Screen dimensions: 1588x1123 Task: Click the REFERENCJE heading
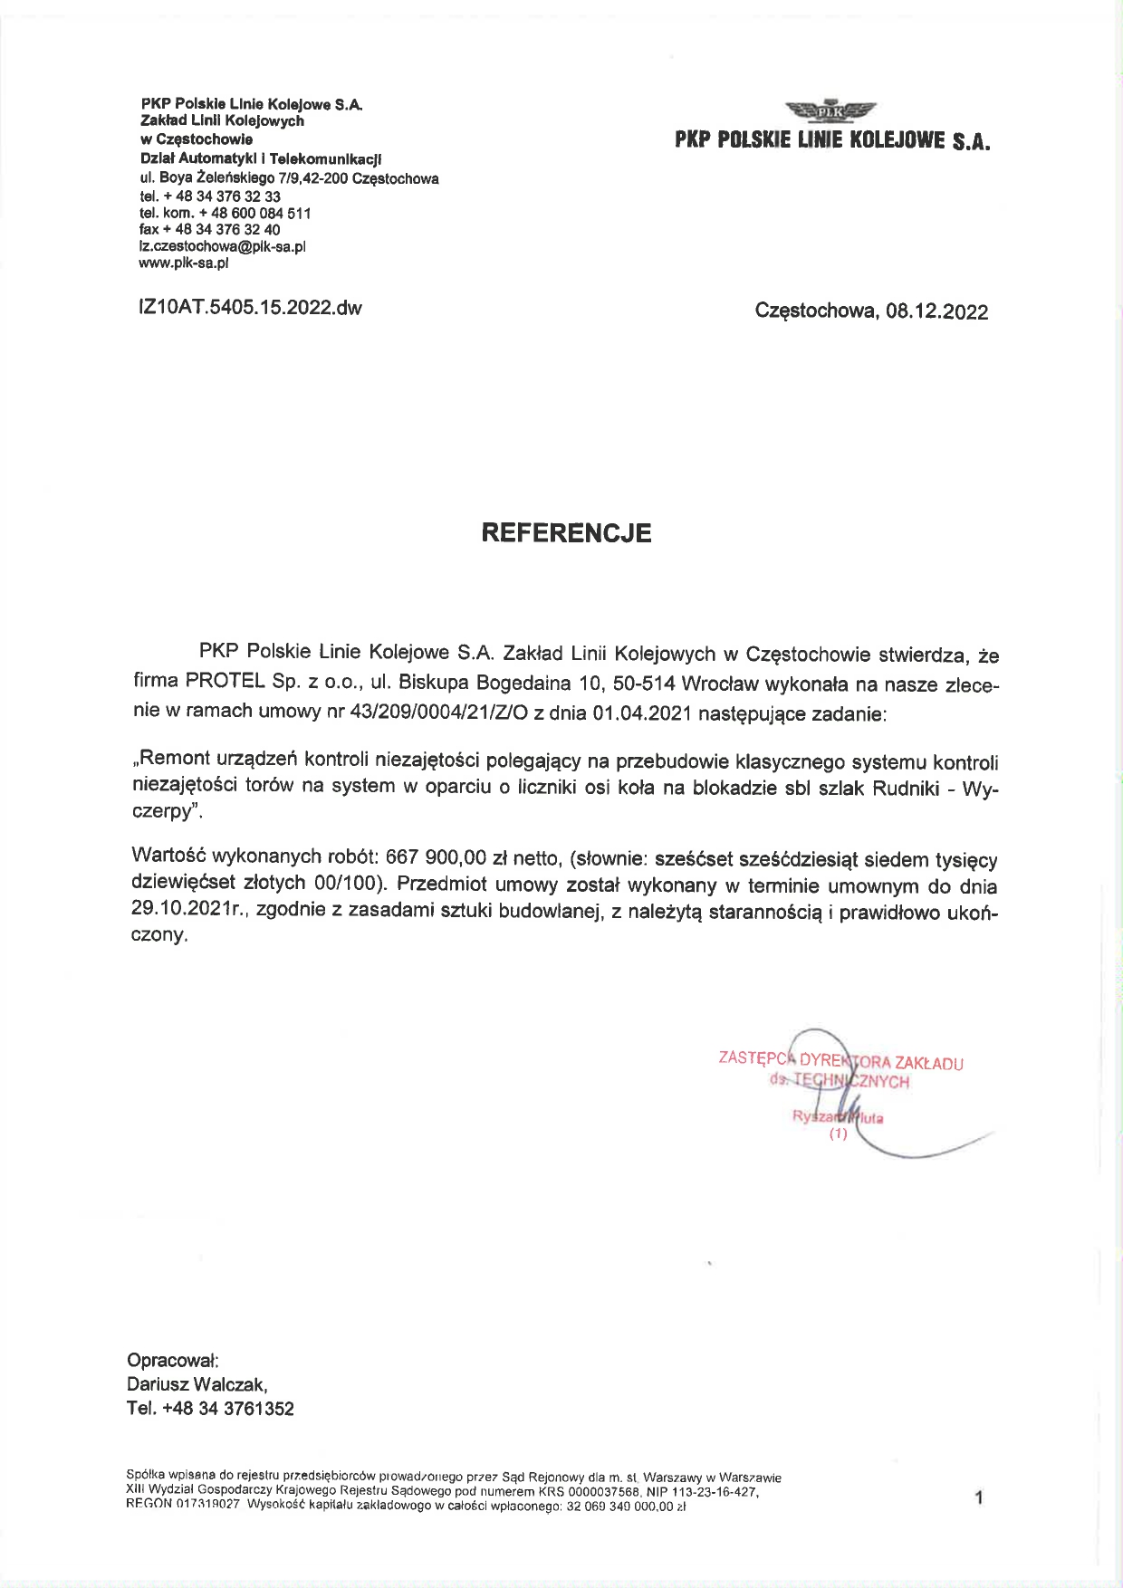click(566, 532)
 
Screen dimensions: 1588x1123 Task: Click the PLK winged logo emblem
click(831, 111)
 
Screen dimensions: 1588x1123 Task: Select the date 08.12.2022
click(937, 312)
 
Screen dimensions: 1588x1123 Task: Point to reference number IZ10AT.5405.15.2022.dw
click(249, 308)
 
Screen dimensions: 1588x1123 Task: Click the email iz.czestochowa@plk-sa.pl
click(222, 246)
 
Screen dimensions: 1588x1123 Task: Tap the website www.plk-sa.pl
click(183, 263)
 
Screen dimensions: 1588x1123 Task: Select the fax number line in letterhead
click(209, 230)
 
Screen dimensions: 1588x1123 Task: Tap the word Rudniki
click(907, 788)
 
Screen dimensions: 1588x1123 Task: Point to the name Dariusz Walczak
click(197, 1384)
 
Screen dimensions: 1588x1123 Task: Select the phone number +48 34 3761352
click(227, 1409)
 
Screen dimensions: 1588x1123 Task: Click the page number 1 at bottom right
click(978, 1498)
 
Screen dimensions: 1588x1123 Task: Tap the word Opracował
click(172, 1360)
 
